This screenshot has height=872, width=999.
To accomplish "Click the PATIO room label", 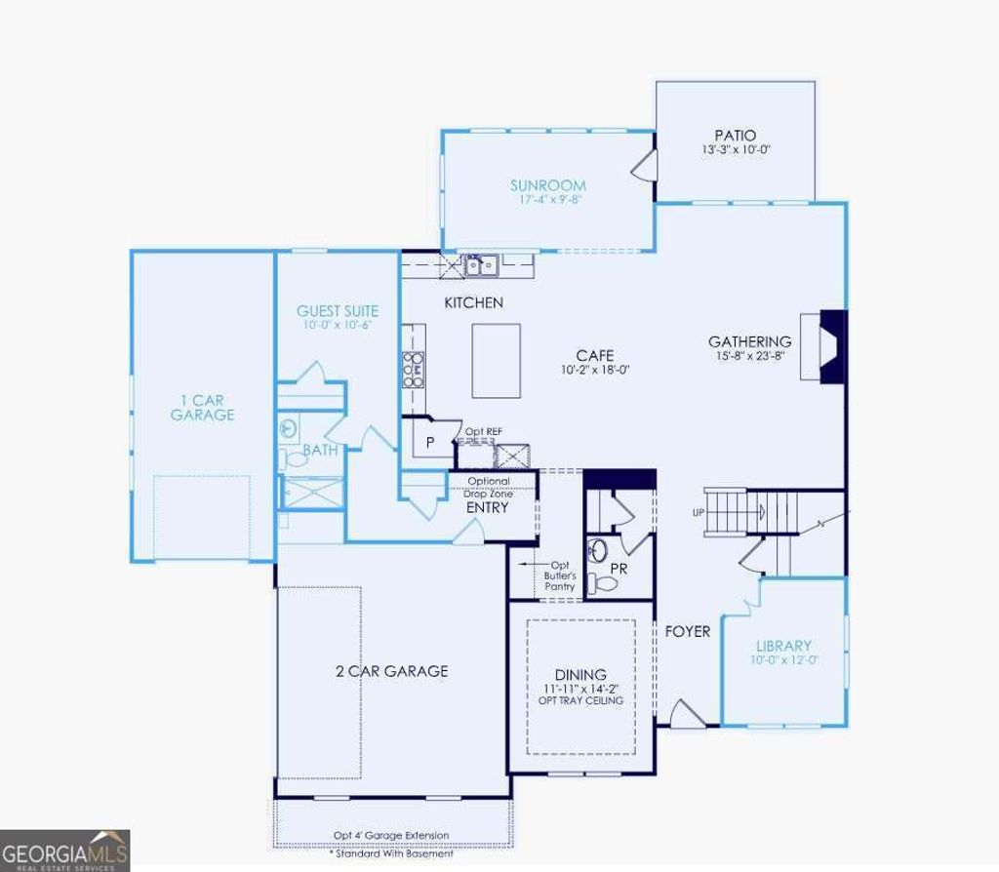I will click(735, 136).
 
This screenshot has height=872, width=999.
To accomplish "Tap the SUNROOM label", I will click(547, 185).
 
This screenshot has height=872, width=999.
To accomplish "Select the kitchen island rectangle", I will click(496, 361).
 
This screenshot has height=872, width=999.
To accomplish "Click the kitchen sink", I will click(480, 264).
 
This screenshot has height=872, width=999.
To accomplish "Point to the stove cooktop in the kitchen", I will click(414, 370).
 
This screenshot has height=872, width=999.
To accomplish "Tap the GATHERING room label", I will click(749, 341).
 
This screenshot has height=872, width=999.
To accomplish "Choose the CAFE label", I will click(594, 356).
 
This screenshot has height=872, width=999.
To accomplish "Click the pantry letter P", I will click(430, 443).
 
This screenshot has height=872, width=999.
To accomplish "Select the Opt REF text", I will click(483, 431).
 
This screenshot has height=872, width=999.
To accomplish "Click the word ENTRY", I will click(488, 507).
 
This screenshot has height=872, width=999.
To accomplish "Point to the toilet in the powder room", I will click(605, 583).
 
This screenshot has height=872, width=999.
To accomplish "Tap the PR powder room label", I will click(619, 567).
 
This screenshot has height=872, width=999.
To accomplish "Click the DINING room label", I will click(580, 674).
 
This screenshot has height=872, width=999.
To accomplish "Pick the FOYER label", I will click(688, 631).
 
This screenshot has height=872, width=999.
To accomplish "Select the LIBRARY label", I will click(783, 646).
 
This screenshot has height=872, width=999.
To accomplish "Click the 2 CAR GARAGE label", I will click(391, 670).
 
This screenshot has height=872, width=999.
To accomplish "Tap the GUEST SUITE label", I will click(337, 311).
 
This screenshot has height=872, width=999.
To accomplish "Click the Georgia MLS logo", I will click(64, 850).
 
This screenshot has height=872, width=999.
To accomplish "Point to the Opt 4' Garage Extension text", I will click(391, 835).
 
